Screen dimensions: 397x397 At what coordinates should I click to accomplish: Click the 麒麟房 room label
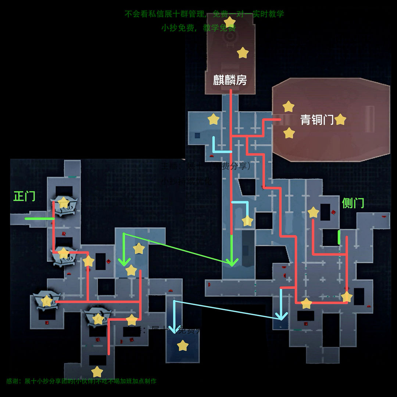pos(230,80)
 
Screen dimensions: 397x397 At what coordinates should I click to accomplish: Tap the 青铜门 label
pos(317,119)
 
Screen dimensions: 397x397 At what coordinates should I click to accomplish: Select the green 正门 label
pos(24,196)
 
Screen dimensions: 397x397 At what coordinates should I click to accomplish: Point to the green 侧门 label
pos(353,203)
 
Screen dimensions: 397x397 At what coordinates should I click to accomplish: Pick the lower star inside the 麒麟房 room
pos(243,53)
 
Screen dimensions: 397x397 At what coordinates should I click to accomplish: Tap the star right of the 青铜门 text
pos(340,119)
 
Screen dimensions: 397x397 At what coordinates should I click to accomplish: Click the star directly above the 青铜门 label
pos(289,107)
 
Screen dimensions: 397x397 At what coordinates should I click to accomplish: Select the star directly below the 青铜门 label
pos(289,133)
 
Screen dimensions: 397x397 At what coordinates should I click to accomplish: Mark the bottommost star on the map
pos(97,372)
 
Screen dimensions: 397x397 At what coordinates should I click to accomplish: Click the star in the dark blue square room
pos(182,346)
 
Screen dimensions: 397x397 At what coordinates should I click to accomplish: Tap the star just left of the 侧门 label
pos(313,212)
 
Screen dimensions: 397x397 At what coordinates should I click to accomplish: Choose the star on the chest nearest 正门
pos(64,202)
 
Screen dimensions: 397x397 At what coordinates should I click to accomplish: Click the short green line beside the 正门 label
pos(39,219)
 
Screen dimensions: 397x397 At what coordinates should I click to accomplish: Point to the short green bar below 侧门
pos(339,237)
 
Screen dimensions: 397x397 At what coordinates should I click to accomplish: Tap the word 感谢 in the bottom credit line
pos(12,381)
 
